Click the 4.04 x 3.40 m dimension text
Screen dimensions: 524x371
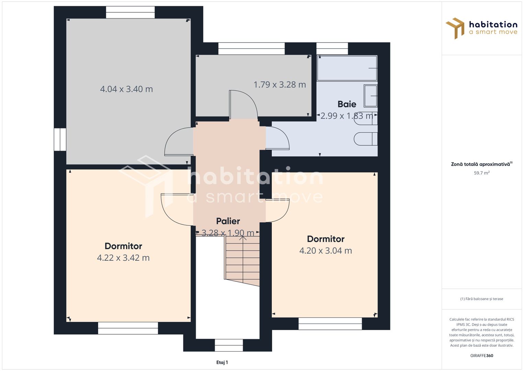(x=126, y=89)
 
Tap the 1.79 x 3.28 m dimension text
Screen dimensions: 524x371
(x=280, y=85)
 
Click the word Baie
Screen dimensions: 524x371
(x=347, y=104)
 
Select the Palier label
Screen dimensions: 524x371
(x=228, y=221)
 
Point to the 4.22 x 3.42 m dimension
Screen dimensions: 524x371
(x=123, y=258)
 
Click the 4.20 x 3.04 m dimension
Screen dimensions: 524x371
(x=326, y=251)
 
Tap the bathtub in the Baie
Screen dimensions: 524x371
(x=347, y=68)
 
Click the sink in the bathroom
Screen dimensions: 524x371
(x=371, y=96)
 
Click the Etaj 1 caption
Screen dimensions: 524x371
(x=222, y=362)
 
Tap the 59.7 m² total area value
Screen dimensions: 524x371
(x=482, y=173)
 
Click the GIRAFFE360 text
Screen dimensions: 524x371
(x=482, y=356)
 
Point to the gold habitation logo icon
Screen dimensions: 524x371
(x=455, y=28)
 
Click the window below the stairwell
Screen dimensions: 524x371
(x=229, y=345)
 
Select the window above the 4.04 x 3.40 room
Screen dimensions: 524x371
(x=130, y=12)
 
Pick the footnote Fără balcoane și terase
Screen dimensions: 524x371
(x=482, y=299)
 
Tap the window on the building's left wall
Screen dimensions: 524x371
(x=60, y=139)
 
